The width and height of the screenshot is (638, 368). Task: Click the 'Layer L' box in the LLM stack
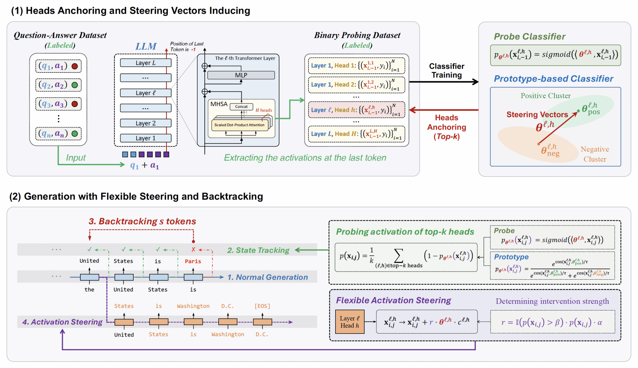pyautogui.click(x=145, y=63)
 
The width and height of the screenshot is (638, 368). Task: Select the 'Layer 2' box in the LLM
pyautogui.click(x=145, y=123)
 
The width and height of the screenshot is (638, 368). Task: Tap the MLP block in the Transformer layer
pyautogui.click(x=241, y=75)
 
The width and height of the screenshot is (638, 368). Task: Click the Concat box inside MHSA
pyautogui.click(x=241, y=107)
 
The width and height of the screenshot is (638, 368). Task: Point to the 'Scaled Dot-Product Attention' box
pyautogui.click(x=239, y=125)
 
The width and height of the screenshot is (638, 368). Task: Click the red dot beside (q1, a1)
pyautogui.click(x=75, y=66)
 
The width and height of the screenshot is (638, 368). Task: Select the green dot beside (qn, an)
pyautogui.click(x=75, y=134)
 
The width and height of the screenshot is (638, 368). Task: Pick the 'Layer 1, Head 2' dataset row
pyautogui.click(x=356, y=85)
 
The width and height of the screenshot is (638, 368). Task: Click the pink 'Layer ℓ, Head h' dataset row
pyautogui.click(x=356, y=110)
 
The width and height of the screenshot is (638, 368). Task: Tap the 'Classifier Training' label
pyautogui.click(x=446, y=71)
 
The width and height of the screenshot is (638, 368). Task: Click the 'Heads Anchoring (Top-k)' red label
pyautogui.click(x=446, y=127)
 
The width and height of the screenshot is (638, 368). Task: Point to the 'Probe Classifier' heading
pyautogui.click(x=529, y=37)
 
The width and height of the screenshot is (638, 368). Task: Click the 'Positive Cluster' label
pyautogui.click(x=545, y=96)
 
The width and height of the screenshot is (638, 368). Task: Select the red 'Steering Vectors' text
pyautogui.click(x=537, y=114)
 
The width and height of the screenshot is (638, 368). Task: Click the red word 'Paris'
pyautogui.click(x=193, y=261)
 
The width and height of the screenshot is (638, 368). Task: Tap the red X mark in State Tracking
pyautogui.click(x=193, y=249)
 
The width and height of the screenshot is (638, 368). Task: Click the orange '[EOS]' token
pyautogui.click(x=262, y=306)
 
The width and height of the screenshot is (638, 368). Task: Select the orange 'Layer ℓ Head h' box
pyautogui.click(x=350, y=322)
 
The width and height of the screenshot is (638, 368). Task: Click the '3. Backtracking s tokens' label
pyautogui.click(x=142, y=221)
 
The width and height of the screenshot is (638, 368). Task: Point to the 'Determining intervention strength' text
pyautogui.click(x=552, y=301)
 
